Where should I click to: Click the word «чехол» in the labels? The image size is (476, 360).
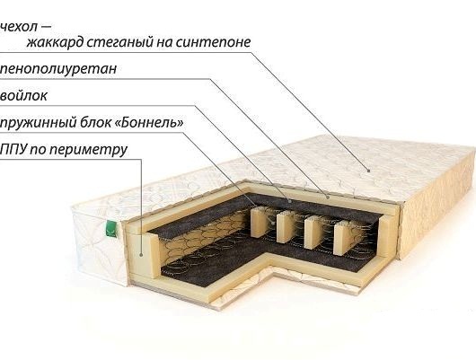[x=19, y=27]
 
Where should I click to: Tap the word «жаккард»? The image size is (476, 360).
[x=55, y=42]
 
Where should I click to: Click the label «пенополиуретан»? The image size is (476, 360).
[x=58, y=68]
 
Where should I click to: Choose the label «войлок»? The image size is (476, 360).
[x=23, y=96]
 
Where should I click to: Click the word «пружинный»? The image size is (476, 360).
[x=38, y=123]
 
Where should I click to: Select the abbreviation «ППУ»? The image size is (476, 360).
[x=13, y=149]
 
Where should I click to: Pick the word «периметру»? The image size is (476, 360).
[x=88, y=150]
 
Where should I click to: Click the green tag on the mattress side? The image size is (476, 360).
[x=111, y=229]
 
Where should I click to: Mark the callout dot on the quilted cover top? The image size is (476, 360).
[x=369, y=171]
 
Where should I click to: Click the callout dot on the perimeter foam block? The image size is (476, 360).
[x=141, y=255]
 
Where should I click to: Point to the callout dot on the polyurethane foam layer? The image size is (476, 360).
[x=328, y=197]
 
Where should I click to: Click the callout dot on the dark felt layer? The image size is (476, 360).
[x=290, y=200]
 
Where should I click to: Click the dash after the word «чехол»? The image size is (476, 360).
[x=46, y=27]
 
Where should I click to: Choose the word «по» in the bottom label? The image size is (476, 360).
[x=38, y=150]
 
